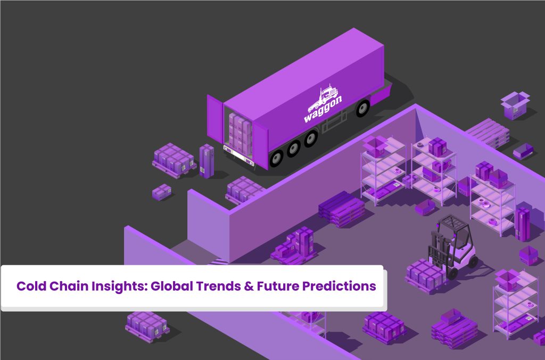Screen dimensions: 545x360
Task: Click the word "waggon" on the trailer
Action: tap(323, 109)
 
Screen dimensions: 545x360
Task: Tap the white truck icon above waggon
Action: tap(323, 96)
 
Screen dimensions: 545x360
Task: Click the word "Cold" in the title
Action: tap(31, 286)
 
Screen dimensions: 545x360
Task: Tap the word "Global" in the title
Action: tap(171, 286)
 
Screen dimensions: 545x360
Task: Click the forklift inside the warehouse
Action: tap(452, 245)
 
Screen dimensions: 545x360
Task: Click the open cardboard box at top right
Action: tap(515, 105)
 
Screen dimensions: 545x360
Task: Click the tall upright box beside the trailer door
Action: tap(207, 161)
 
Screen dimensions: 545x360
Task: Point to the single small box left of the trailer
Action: tap(162, 192)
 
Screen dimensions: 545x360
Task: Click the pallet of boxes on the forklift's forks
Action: tap(426, 274)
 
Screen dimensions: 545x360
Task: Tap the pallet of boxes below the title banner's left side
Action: tap(147, 326)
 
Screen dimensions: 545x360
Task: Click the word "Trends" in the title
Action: tap(218, 286)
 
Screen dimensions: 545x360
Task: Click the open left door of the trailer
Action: tap(216, 119)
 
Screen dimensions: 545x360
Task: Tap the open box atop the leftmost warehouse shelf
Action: tap(375, 146)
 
